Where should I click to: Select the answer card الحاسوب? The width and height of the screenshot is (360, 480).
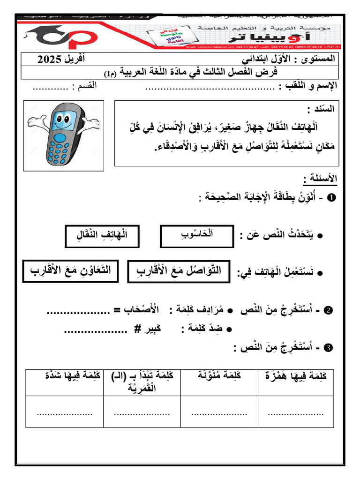coord(196,236)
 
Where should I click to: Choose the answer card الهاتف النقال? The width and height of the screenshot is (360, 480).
coord(102,236)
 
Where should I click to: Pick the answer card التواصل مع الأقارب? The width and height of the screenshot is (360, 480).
coord(179,271)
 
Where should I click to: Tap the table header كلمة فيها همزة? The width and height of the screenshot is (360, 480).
coord(295,376)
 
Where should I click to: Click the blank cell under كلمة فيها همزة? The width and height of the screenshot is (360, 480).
coord(295,412)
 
